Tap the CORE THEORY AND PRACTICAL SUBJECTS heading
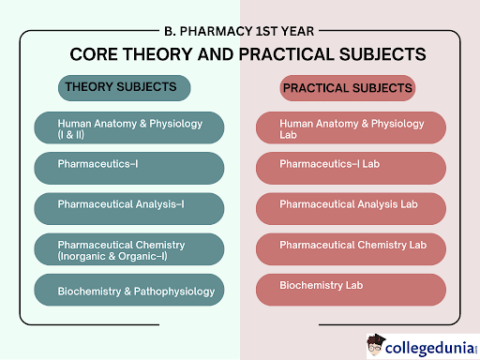[241, 53]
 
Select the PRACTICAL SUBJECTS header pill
[348, 89]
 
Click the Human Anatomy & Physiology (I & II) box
[129, 127]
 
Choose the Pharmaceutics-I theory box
[129, 167]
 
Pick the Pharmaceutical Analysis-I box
[129, 207]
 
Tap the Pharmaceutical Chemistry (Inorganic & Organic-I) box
[129, 249]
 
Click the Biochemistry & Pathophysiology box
[129, 290]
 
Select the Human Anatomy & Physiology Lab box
[351, 127]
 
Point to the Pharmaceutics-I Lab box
[351, 167]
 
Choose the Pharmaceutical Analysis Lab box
[351, 207]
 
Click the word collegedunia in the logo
[428, 342]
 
